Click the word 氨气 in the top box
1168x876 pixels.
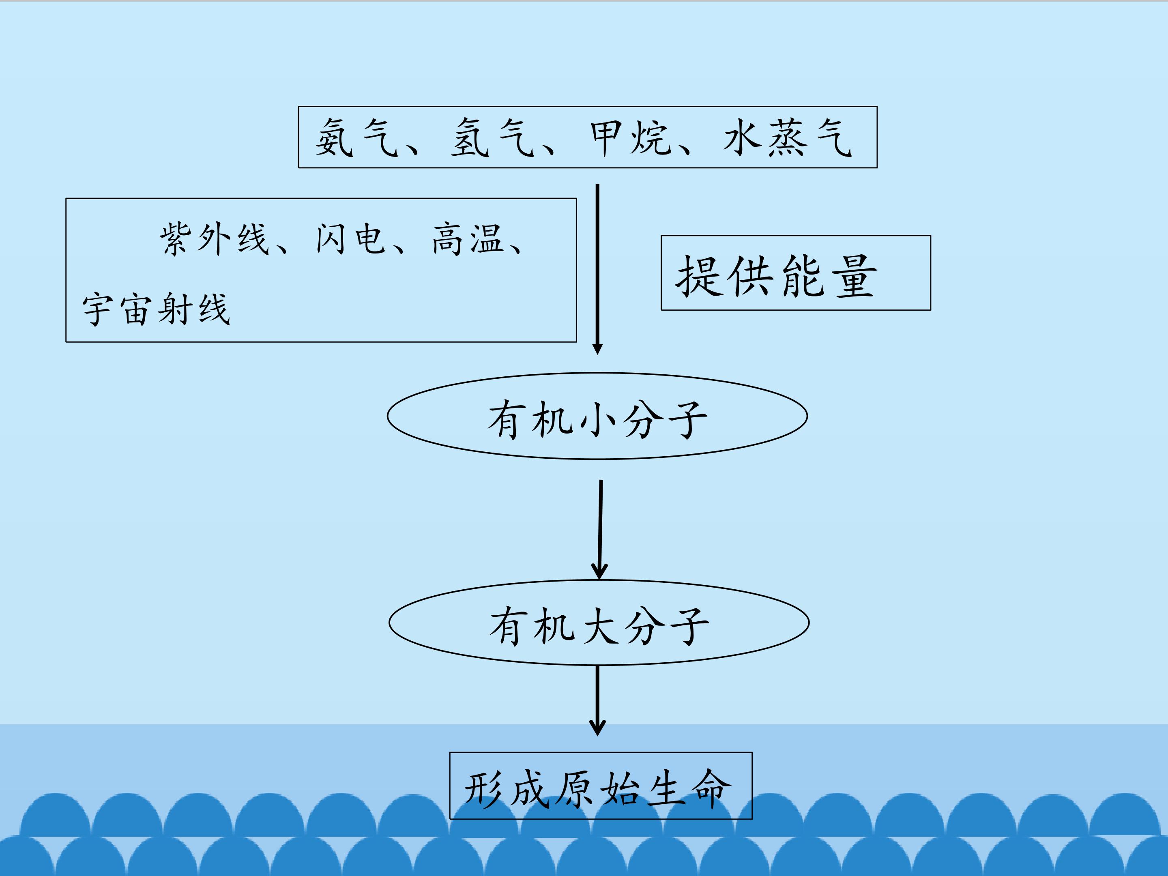pyautogui.click(x=357, y=137)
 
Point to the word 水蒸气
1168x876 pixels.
pyautogui.click(x=787, y=137)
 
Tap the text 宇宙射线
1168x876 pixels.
pyautogui.click(x=156, y=309)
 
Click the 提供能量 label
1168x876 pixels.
pyautogui.click(x=777, y=276)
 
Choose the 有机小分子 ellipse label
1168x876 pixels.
pyautogui.click(x=597, y=420)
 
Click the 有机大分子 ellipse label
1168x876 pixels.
pyautogui.click(x=599, y=626)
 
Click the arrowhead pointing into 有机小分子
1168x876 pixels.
pyautogui.click(x=597, y=348)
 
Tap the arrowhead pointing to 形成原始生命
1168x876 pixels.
pyautogui.click(x=597, y=727)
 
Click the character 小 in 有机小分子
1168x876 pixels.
pyautogui.click(x=598, y=420)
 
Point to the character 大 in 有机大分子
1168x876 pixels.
pyautogui.click(x=599, y=626)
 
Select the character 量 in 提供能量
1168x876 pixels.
pyautogui.click(x=855, y=276)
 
